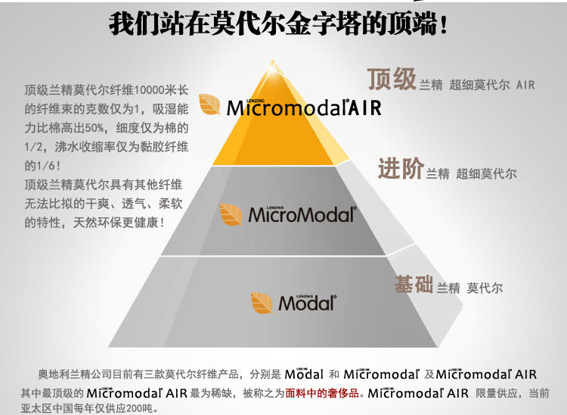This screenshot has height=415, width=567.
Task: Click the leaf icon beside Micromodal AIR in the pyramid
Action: (x=209, y=105)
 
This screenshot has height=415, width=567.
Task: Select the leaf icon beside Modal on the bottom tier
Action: (x=262, y=301)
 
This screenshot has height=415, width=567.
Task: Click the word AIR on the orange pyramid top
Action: (x=365, y=108)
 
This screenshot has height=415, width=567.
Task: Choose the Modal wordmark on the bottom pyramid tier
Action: (x=306, y=303)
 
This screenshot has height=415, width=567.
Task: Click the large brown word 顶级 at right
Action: (x=392, y=80)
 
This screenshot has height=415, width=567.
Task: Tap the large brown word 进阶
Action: (x=400, y=170)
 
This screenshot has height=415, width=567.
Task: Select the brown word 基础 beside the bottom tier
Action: (x=413, y=285)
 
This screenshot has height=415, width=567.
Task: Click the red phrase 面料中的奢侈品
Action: (x=323, y=393)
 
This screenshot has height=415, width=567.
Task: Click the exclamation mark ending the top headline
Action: (x=443, y=23)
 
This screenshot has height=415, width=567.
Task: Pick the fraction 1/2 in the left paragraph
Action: (x=34, y=146)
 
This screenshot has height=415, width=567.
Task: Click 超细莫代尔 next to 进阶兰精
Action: (x=487, y=174)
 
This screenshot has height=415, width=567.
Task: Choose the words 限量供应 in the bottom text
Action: (x=498, y=393)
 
